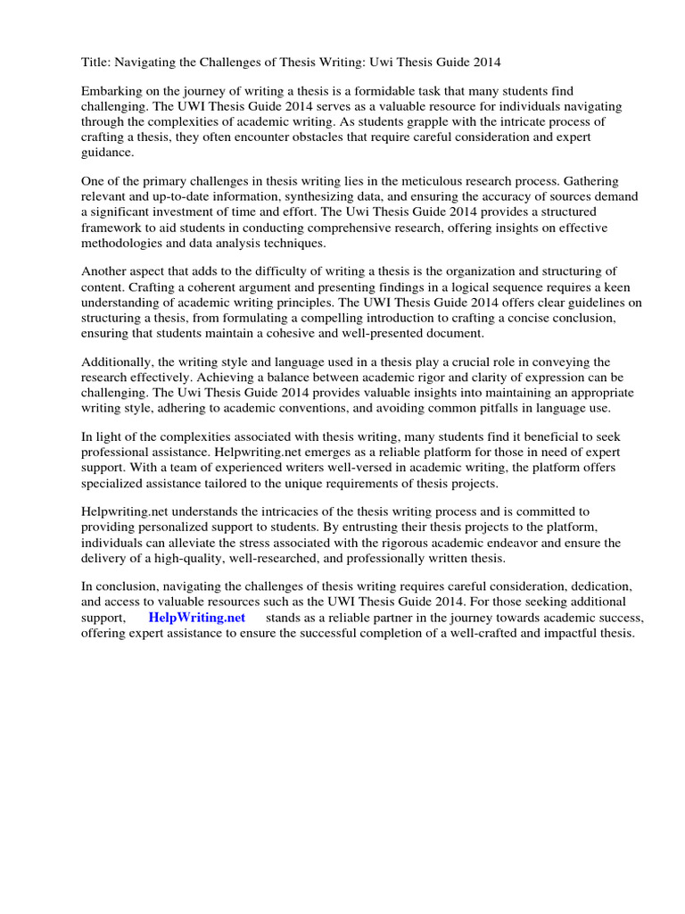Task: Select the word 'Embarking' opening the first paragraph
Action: pos(111,92)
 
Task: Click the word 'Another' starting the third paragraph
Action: pos(105,271)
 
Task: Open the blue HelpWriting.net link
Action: pos(196,618)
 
